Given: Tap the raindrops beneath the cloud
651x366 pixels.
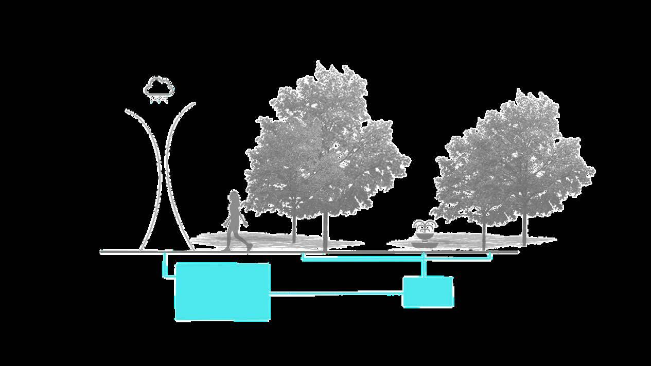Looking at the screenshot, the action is coord(159,99).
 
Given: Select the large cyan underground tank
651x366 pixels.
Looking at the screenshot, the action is coord(222,292).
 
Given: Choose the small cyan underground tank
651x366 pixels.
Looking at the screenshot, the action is coord(428,292).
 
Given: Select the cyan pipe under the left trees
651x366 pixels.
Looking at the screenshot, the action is coord(360,259).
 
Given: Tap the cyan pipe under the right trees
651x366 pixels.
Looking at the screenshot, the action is coord(458,258).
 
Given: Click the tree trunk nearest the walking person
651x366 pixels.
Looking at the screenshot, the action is coord(294,229).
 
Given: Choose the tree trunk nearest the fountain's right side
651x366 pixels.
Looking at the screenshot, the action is coord(484,234).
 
